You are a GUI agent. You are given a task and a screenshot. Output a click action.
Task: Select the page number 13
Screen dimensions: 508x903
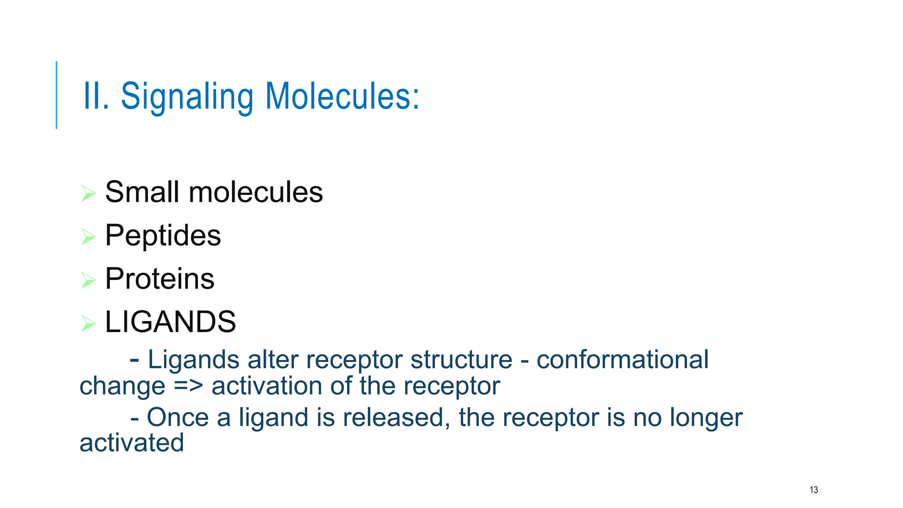[813, 490]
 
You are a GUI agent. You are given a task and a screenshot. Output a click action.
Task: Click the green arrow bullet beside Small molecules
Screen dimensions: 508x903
[88, 193]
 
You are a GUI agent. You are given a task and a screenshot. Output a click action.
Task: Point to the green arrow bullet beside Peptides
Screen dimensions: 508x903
[88, 236]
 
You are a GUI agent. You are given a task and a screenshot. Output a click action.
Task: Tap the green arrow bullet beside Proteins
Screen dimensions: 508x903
[88, 280]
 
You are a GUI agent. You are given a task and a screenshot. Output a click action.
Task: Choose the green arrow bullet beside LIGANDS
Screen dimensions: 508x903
[88, 323]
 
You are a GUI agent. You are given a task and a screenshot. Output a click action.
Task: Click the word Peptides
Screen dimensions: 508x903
[163, 235]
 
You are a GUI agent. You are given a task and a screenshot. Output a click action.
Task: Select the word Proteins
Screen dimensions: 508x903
[160, 279]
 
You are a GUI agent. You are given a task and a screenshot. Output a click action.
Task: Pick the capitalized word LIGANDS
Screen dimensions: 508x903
[170, 322]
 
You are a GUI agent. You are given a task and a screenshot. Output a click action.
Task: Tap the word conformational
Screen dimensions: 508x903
[622, 360]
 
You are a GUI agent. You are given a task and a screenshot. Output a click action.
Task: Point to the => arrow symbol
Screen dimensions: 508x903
[188, 386]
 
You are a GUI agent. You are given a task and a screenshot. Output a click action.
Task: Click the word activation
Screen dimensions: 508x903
[267, 386]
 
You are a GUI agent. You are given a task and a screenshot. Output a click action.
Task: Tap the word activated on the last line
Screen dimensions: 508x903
[131, 443]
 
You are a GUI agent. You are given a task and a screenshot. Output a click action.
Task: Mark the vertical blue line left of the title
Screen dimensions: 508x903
[56, 95]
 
